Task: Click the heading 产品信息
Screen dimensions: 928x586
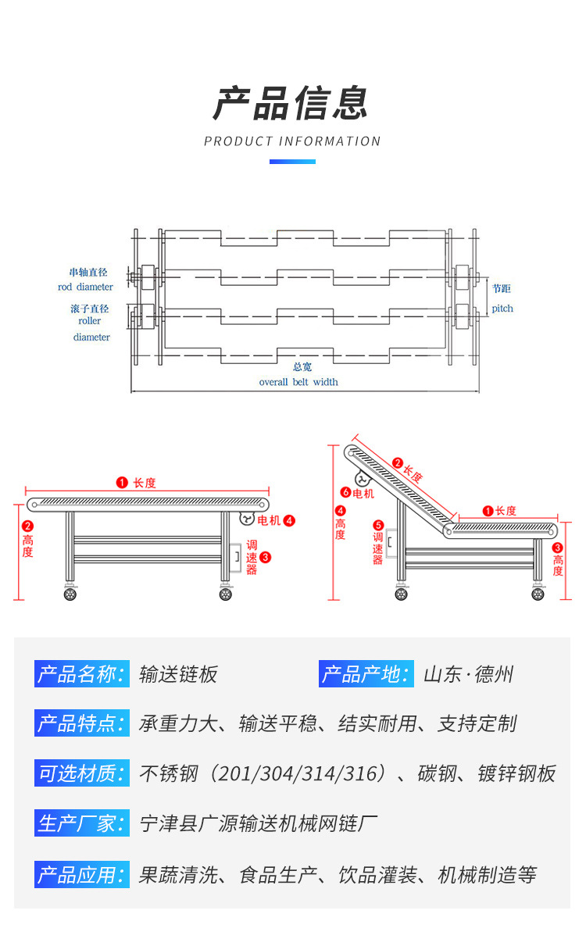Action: (291, 103)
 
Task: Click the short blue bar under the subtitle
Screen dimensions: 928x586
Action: (292, 162)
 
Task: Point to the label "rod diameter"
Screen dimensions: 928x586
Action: (86, 287)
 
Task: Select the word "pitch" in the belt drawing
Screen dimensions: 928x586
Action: (502, 309)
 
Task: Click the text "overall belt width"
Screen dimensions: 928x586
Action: (298, 382)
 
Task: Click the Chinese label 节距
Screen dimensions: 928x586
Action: (502, 288)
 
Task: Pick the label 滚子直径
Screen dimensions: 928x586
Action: (90, 309)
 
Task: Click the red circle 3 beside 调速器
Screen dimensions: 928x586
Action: (265, 557)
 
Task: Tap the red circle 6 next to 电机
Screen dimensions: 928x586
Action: (346, 493)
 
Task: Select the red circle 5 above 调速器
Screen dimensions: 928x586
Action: (378, 526)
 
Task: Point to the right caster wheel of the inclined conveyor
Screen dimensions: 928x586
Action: (538, 594)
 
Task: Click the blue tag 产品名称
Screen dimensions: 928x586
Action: (81, 674)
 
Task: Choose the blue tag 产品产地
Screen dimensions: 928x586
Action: (366, 674)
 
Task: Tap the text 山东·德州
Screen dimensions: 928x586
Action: (468, 674)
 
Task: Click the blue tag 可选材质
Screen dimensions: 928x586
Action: (81, 773)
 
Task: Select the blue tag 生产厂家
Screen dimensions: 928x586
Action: (81, 823)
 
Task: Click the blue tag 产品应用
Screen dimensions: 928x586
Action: (81, 874)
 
